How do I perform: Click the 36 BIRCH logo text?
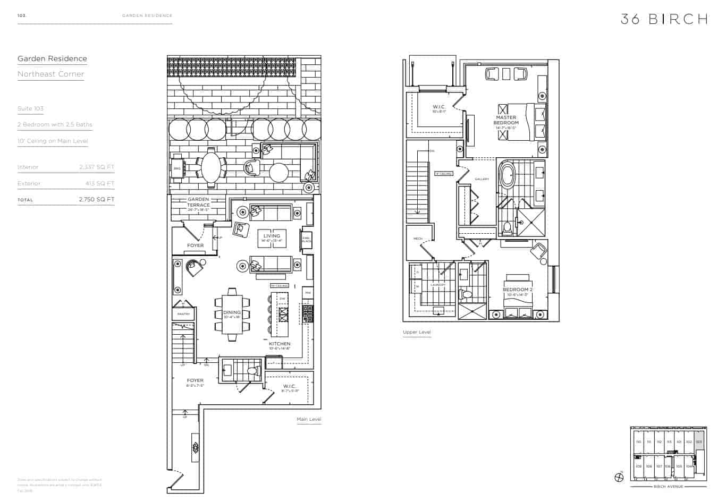(x=664, y=19)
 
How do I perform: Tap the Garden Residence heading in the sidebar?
(x=52, y=59)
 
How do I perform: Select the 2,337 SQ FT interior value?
(x=97, y=167)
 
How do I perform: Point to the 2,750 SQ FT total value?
(x=97, y=200)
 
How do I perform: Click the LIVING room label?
(x=272, y=236)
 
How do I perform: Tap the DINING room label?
(x=232, y=313)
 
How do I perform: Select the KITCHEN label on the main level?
(x=280, y=344)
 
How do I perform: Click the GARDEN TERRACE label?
(x=198, y=202)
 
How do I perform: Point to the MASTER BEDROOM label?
(x=506, y=120)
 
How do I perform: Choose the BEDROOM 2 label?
(x=517, y=290)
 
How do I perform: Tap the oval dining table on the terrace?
(x=211, y=168)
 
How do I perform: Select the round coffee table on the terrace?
(x=278, y=172)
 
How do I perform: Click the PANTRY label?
(x=183, y=314)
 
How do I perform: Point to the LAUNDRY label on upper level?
(x=438, y=285)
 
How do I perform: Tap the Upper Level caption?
(x=417, y=333)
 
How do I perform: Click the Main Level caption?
(x=309, y=420)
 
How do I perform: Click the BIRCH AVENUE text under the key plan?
(x=668, y=486)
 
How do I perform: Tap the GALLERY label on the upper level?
(x=482, y=179)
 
